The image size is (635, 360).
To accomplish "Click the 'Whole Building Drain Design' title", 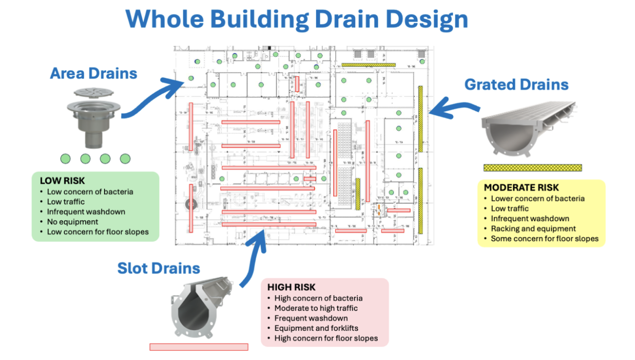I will tap(297, 19).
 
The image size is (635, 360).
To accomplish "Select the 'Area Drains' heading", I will tap(94, 73).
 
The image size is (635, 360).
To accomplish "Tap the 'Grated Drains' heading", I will tap(516, 84).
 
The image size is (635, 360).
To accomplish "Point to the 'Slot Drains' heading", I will tap(158, 268).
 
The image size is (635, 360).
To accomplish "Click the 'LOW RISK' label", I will tap(59, 181).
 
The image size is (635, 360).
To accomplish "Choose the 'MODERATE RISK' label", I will tap(521, 187).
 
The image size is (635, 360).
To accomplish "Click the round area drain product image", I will tap(90, 118).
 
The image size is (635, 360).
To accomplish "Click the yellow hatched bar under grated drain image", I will tap(532, 168).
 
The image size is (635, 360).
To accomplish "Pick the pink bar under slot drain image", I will tap(199, 347).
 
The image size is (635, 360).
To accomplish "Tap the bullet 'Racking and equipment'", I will tap(533, 229).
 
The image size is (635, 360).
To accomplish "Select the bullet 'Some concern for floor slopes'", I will tap(544, 239).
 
